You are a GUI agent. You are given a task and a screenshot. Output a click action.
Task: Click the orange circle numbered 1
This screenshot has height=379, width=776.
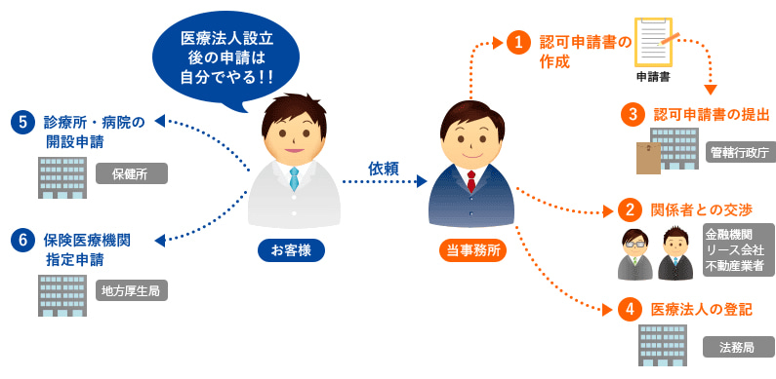[518, 43]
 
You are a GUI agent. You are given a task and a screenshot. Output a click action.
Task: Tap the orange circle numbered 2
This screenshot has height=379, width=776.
[631, 210]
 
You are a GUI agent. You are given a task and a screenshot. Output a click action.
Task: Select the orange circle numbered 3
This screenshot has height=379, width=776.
[633, 114]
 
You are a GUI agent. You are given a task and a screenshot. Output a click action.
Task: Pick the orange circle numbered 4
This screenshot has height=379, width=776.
[631, 310]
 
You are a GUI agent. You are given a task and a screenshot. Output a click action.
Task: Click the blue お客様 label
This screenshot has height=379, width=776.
[291, 249]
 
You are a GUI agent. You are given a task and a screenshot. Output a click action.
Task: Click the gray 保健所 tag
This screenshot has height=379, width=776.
[132, 173]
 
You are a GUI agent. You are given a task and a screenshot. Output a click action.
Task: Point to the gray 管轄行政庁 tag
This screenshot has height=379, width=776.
[740, 152]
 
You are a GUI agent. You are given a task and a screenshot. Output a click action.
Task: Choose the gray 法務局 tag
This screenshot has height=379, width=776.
[738, 347]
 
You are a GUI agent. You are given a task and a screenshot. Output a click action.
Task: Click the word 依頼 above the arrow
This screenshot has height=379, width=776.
[384, 169]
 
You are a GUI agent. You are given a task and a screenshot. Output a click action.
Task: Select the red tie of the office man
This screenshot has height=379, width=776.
[471, 180]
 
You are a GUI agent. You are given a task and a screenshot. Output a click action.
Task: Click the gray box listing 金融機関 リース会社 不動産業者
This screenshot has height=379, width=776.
[739, 250]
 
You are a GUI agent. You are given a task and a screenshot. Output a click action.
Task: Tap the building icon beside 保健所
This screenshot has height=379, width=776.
[61, 175]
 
